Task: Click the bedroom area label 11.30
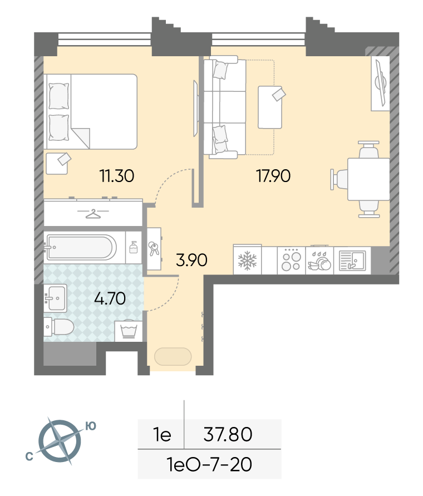click(117, 176)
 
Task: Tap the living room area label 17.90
click(273, 176)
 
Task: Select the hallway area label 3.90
click(191, 260)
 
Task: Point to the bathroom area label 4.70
click(110, 298)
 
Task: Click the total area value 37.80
click(228, 434)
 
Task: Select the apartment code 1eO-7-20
click(209, 464)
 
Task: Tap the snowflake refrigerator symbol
click(248, 261)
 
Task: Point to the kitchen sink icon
click(352, 261)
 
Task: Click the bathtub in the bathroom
click(81, 247)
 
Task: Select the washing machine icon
click(129, 331)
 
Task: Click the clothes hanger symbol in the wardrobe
click(93, 214)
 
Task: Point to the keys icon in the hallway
click(154, 249)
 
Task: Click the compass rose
click(60, 441)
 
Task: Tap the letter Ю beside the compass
click(91, 426)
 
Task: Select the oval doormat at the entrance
click(173, 356)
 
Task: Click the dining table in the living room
click(368, 179)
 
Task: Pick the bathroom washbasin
click(55, 298)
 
